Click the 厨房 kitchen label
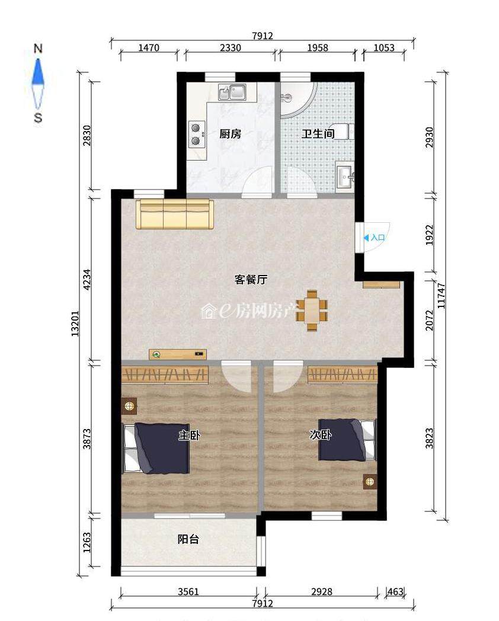[230, 134]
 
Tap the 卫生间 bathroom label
[318, 134]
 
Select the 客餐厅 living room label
[251, 280]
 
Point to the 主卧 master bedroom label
[189, 436]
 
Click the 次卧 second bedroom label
[321, 435]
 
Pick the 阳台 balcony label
[188, 539]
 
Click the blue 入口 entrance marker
[375, 238]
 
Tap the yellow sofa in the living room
[175, 215]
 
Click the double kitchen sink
[232, 92]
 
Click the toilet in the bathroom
[344, 132]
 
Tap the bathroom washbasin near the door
[345, 175]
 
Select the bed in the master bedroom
[156, 449]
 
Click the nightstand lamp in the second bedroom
[370, 482]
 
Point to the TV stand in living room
[178, 354]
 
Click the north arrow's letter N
[38, 49]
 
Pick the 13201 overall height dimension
[75, 324]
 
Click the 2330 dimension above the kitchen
[231, 48]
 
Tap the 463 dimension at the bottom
[395, 592]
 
